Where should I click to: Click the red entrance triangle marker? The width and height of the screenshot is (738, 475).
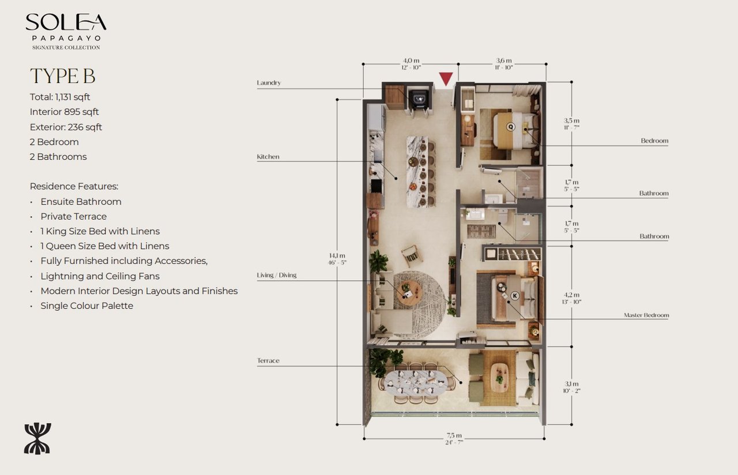446,79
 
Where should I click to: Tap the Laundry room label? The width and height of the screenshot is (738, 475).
269,83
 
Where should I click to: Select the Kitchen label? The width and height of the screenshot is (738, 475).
268,157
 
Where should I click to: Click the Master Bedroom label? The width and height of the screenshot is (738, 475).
646,315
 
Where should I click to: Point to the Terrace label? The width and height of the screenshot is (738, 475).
268,361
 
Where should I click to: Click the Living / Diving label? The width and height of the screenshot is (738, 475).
277,276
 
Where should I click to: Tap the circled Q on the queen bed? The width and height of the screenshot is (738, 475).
510,127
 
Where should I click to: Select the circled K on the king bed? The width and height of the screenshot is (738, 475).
515,296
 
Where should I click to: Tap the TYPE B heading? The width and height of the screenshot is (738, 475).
62,76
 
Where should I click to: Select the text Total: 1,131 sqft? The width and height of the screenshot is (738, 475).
60,97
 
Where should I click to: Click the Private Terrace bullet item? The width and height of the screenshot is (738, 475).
73,216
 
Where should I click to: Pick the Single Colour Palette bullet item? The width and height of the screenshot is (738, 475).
86,306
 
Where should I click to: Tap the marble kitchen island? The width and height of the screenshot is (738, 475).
417,171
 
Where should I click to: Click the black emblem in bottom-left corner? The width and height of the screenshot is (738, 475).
37,438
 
